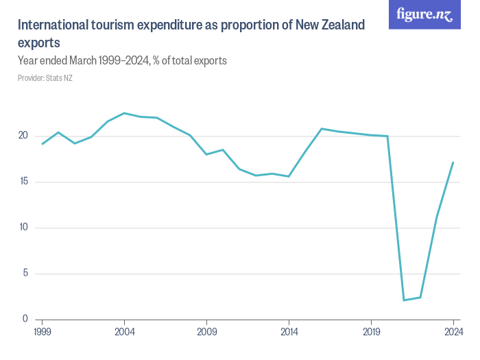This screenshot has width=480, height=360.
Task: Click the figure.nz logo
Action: pos(424,14)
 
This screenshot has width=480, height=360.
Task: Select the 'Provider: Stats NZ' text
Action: pos(45,78)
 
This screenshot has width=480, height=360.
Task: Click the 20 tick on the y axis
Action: pos(23,136)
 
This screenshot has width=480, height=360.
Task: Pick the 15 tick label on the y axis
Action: pos(23,182)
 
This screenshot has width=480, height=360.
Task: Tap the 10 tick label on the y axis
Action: pos(23,228)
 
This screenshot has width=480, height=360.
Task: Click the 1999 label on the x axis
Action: pos(43,331)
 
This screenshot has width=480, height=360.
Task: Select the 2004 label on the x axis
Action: pos(124,331)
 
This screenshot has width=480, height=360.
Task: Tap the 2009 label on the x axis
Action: pos(206,331)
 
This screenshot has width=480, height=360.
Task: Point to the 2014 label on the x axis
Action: pos(289,331)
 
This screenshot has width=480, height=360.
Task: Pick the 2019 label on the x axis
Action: pos(371,331)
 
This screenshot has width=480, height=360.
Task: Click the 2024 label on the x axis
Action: pos(453,331)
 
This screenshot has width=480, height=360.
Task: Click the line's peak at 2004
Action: pos(124,113)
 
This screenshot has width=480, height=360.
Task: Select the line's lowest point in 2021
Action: pos(404,300)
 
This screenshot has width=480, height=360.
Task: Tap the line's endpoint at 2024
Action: pos(453,163)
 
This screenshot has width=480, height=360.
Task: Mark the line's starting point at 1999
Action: pos(43,144)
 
